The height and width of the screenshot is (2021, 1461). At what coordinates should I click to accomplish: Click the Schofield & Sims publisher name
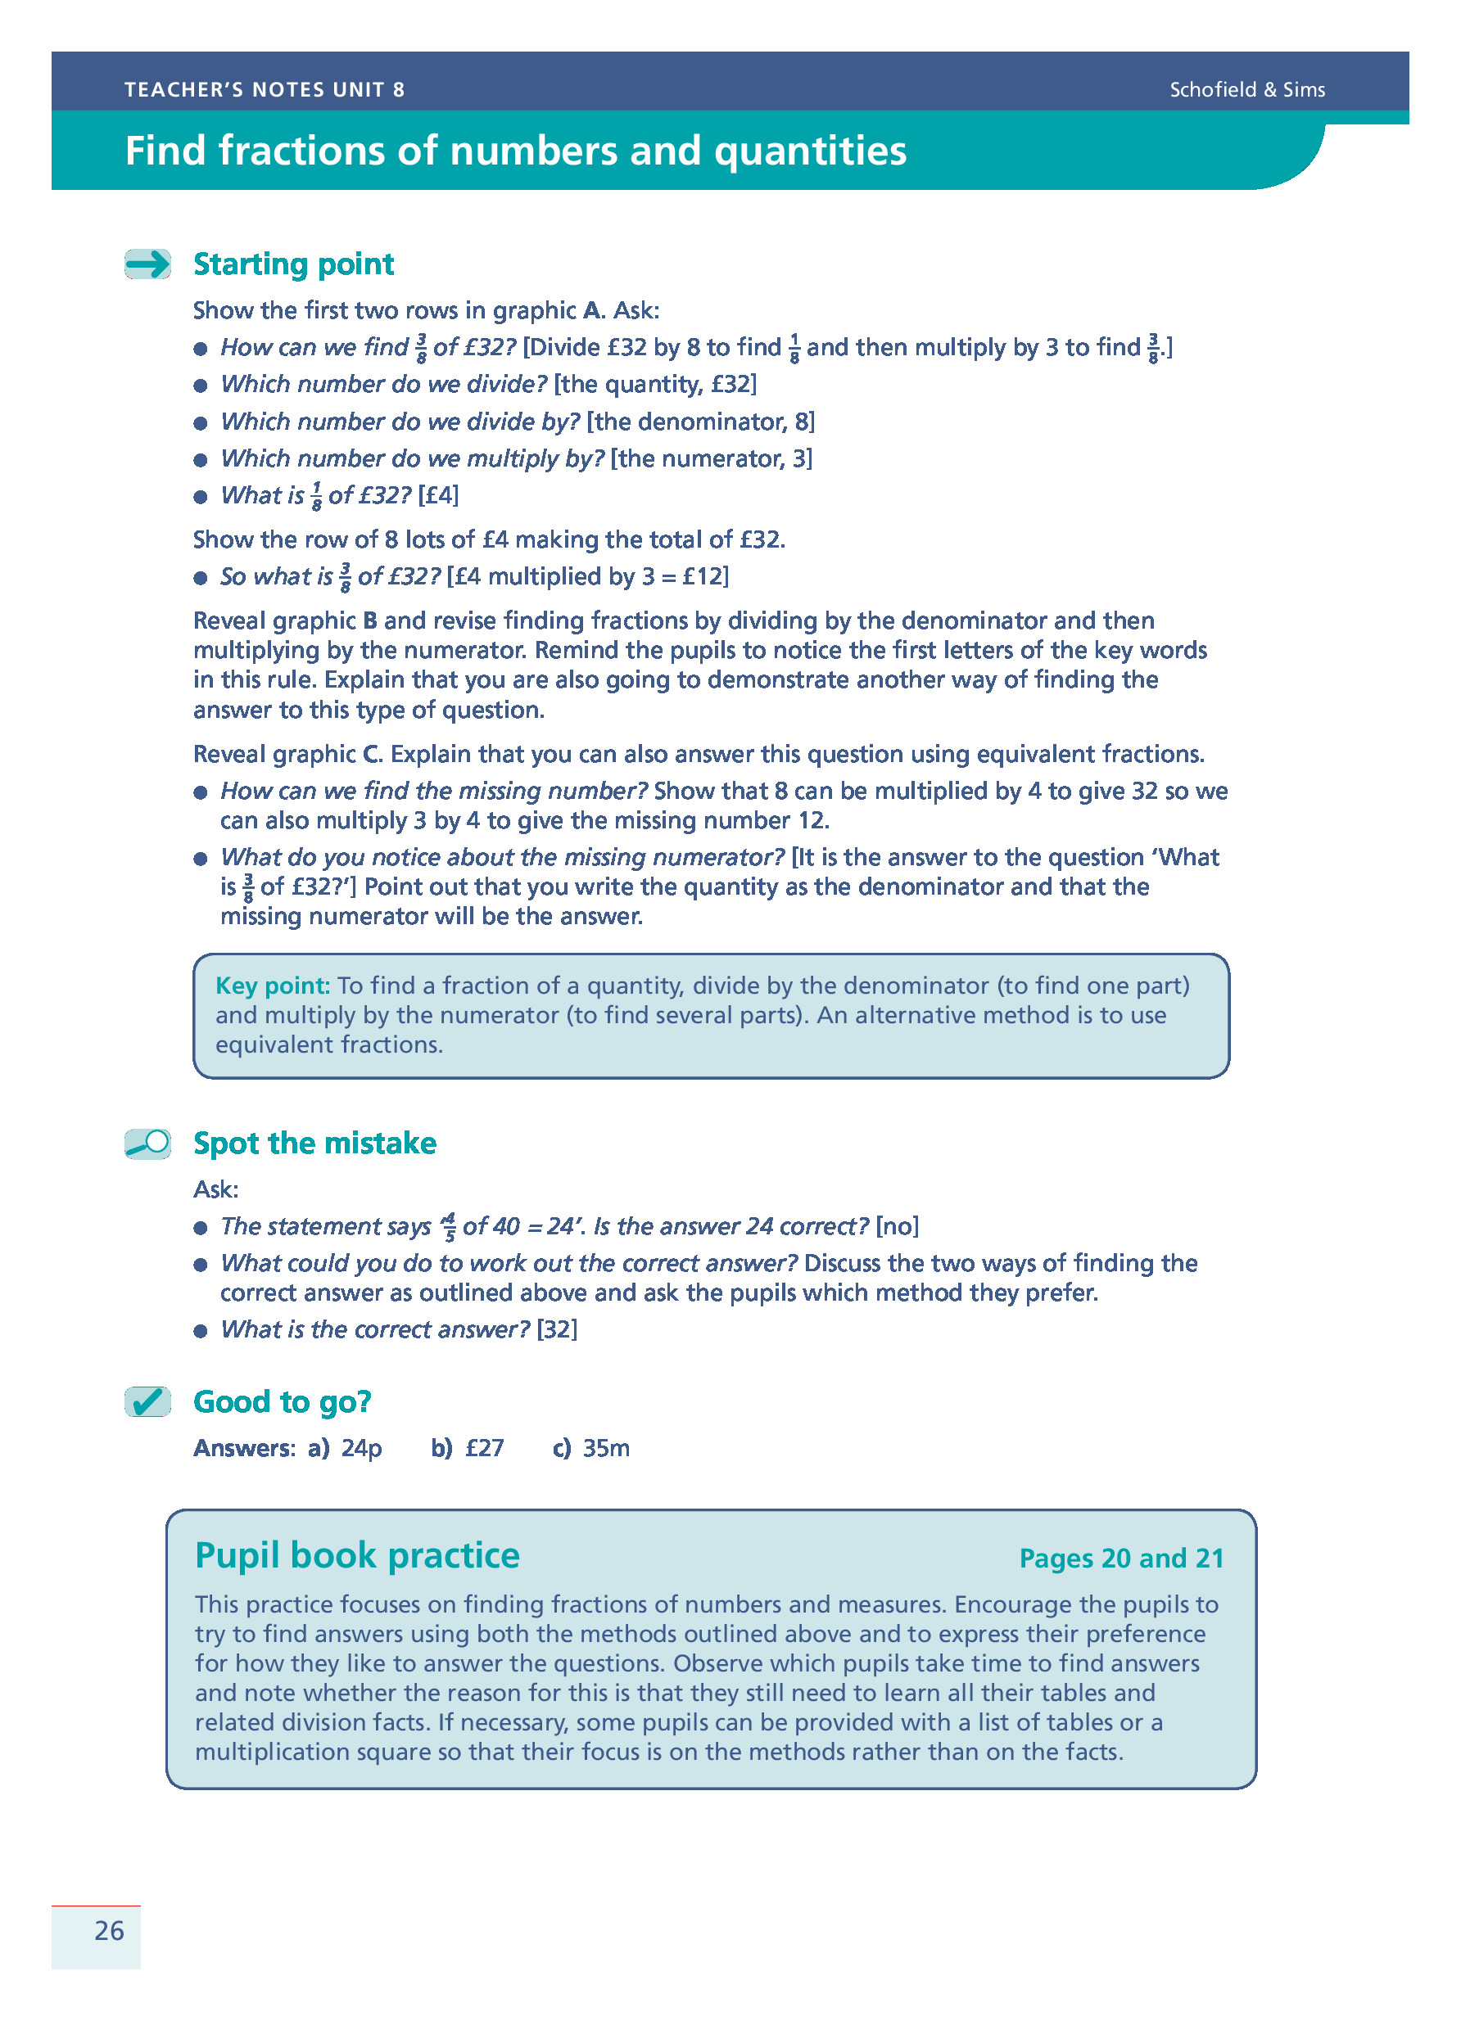click(x=1246, y=90)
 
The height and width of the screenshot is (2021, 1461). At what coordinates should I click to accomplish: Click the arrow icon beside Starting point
click(x=148, y=264)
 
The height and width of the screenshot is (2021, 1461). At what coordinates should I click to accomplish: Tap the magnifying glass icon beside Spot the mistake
click(x=148, y=1144)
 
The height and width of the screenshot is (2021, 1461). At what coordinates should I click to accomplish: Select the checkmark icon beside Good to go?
click(x=148, y=1401)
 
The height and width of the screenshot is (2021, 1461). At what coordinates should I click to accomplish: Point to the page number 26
click(x=109, y=1930)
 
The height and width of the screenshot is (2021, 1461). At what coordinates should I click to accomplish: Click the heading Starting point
click(x=293, y=264)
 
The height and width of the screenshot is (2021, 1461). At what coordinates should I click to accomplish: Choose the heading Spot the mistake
click(x=314, y=1144)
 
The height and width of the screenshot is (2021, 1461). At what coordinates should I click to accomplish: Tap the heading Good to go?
click(x=282, y=1401)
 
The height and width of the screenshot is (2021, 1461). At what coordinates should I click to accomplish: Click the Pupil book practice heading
click(x=356, y=1555)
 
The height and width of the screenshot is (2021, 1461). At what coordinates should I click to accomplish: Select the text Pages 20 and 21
click(x=1120, y=1558)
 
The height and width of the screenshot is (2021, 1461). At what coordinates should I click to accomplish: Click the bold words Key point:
click(x=273, y=986)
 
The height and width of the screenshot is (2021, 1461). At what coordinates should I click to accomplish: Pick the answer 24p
click(x=361, y=1448)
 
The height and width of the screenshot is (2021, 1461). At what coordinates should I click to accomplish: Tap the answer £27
click(x=484, y=1448)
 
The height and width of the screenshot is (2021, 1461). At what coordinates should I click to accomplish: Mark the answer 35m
click(x=606, y=1448)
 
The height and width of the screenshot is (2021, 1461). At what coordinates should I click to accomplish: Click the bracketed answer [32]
click(x=556, y=1329)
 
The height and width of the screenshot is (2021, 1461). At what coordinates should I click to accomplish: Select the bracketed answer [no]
click(x=897, y=1226)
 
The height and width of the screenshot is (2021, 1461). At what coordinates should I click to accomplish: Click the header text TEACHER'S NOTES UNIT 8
click(x=265, y=90)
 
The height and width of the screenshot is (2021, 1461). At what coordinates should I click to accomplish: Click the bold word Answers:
click(x=243, y=1448)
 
